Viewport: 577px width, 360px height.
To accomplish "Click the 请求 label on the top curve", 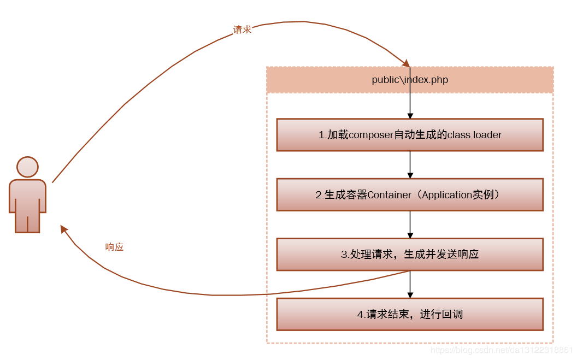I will [242, 30].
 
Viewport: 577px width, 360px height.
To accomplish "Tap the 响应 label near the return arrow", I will [114, 247].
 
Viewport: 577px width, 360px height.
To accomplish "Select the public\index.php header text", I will [410, 80].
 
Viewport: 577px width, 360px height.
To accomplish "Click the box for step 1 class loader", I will [410, 135].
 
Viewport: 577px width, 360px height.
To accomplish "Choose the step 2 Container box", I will [410, 195].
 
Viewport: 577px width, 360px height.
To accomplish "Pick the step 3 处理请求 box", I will [410, 255].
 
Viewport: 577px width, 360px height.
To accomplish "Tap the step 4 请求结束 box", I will [410, 315].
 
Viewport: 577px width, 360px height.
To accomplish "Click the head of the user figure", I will [27, 167].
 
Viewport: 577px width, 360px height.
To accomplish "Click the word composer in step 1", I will [371, 135].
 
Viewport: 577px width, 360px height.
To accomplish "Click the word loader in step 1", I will [487, 135].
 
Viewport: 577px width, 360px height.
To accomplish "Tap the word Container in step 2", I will [389, 195].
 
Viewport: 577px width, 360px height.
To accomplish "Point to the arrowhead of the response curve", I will [64, 229].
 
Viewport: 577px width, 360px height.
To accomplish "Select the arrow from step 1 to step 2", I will [410, 164].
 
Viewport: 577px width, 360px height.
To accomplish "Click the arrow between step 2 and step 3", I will [410, 225].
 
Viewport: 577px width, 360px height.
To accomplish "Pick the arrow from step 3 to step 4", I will [410, 285].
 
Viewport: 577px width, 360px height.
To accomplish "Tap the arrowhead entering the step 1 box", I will [410, 115].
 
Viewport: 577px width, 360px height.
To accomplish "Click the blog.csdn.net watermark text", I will [501, 350].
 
